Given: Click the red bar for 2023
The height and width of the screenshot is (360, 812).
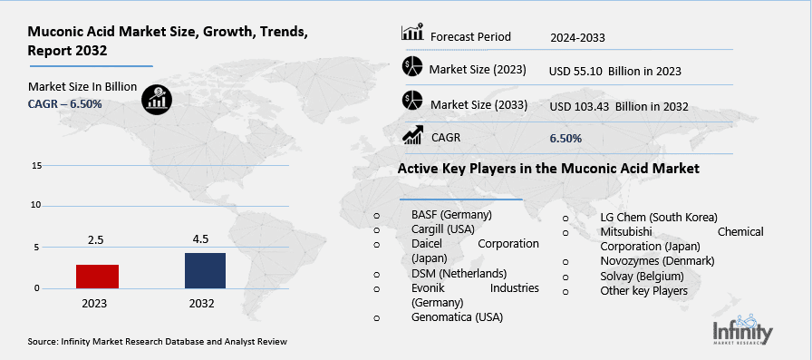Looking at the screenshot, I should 97,277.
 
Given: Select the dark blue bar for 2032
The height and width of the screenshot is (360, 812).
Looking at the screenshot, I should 204,270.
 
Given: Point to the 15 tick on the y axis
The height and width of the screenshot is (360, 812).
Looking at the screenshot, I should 36,166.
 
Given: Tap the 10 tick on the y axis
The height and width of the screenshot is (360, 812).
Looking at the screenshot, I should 36,205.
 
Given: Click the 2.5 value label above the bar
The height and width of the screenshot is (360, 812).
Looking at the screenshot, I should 97,240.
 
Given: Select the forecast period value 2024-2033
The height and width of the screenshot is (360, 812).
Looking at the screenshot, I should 577,38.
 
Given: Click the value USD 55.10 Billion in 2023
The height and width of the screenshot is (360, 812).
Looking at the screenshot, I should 614,71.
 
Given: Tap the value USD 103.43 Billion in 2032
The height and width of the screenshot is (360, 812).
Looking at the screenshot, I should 619,106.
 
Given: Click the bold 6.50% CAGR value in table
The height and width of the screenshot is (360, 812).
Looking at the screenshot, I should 565,138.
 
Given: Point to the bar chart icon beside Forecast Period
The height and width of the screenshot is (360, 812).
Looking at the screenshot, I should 412,34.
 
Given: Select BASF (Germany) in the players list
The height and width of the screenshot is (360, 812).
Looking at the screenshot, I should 450,215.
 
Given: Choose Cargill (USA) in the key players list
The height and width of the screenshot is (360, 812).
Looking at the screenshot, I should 443,229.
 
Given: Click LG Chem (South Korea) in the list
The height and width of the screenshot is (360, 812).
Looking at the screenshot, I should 659,217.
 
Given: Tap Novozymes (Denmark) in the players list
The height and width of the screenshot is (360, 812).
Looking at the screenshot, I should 657,260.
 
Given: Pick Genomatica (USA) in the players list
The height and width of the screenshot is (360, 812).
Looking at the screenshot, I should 457,316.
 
